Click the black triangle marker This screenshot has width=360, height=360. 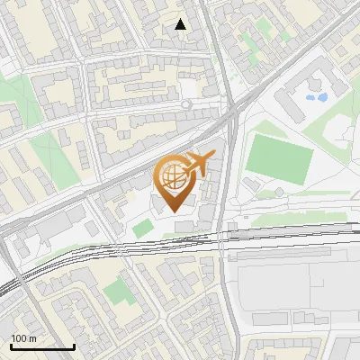pos(181,24)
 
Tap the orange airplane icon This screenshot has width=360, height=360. pos(199,163)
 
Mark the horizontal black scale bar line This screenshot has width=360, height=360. pos(41,346)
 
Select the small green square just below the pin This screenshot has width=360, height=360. pos(142,229)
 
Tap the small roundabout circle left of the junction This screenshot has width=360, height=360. pos(187,104)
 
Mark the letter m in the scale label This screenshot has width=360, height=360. pos(33,338)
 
